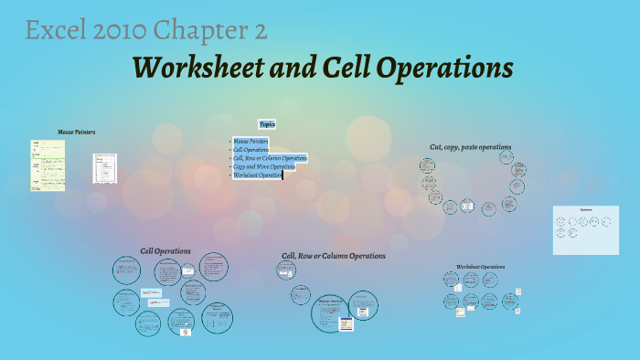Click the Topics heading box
tap(268, 124)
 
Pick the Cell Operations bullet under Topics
tap(251, 150)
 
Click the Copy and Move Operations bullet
tap(264, 166)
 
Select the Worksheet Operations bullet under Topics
tap(257, 175)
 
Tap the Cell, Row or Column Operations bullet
tap(270, 158)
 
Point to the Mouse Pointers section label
tap(77, 132)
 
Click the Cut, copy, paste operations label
tap(470, 146)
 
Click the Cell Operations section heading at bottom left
tap(165, 250)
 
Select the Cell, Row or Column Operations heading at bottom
tap(334, 256)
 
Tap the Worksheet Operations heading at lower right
tap(480, 267)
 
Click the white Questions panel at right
tap(586, 228)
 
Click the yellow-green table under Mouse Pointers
tap(48, 164)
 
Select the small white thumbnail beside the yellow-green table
tap(104, 168)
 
